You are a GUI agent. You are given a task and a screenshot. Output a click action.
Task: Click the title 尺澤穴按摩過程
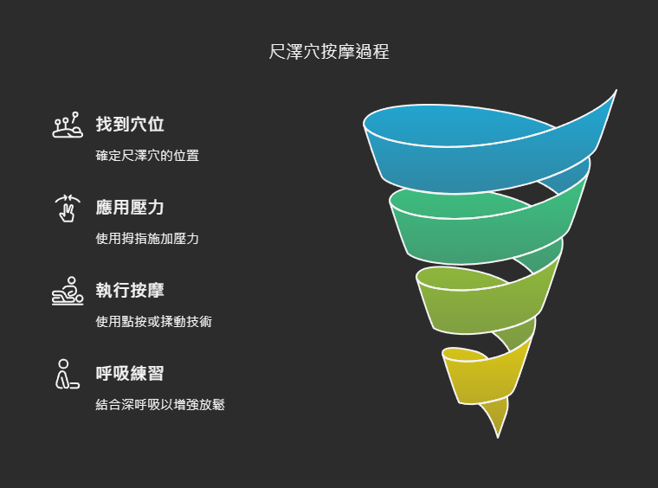329,52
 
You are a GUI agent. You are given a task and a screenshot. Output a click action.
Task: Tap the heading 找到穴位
130,125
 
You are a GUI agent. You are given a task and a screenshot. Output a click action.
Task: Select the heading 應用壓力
130,208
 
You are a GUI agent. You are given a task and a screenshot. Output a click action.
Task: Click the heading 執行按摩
130,290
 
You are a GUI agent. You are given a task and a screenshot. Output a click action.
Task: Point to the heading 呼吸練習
130,373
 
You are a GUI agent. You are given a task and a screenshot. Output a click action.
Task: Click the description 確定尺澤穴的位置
147,156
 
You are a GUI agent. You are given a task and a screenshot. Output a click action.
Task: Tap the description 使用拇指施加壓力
147,238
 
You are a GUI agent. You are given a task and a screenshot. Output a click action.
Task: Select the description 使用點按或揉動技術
153,321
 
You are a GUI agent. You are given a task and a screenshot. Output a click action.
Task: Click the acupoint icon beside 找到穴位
68,126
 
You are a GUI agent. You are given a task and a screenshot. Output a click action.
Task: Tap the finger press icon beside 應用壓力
68,209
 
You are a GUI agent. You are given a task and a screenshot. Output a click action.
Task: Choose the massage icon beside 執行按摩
68,292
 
